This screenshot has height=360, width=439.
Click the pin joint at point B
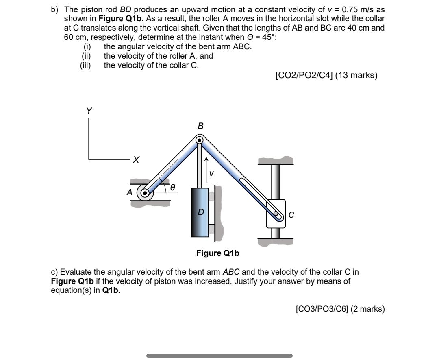[x=200, y=140]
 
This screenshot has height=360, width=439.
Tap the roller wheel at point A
[x=144, y=192]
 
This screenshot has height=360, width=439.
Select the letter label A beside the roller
[x=129, y=192]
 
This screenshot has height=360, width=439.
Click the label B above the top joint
[x=200, y=126]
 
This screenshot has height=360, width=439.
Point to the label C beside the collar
[x=291, y=215]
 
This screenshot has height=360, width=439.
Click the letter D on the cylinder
[x=200, y=212]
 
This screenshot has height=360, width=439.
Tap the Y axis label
[x=89, y=111]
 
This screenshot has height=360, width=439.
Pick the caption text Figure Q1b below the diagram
[x=218, y=253]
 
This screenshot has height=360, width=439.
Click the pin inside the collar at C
[x=276, y=213]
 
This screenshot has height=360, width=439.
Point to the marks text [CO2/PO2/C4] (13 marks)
[x=326, y=75]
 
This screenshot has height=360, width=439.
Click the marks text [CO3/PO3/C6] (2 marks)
[x=340, y=309]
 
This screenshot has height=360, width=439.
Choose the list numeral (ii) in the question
[x=86, y=56]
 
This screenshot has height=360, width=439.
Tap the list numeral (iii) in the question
[x=86, y=65]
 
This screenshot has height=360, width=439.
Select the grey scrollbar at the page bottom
[x=219, y=356]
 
